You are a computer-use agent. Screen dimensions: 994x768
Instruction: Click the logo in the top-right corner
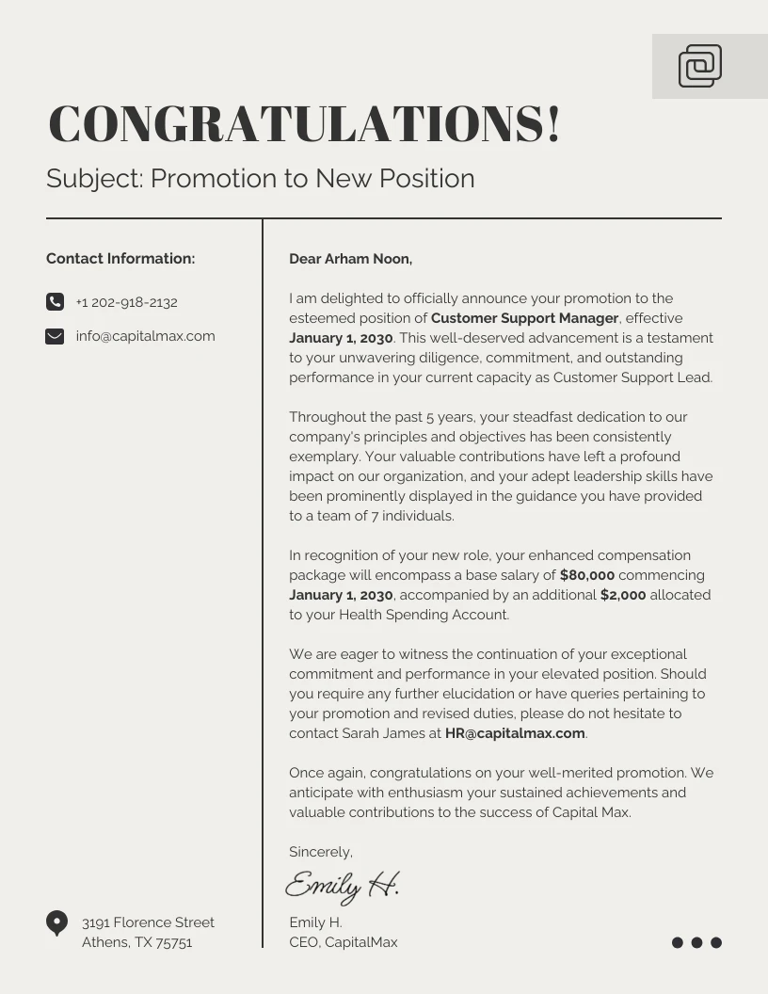699,66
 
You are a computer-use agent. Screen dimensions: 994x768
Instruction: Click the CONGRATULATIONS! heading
304,124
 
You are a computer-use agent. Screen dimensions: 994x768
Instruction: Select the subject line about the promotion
260,179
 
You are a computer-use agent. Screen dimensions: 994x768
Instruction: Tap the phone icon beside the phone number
55,302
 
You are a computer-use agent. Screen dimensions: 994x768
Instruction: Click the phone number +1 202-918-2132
126,302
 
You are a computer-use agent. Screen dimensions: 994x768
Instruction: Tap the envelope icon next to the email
55,336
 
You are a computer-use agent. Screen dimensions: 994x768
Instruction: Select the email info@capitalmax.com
145,336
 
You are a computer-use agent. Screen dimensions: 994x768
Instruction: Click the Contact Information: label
120,259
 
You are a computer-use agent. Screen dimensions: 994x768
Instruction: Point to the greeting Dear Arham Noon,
350,259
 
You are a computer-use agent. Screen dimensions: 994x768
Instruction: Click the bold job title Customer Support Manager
524,318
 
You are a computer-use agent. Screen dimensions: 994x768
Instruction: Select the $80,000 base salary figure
586,575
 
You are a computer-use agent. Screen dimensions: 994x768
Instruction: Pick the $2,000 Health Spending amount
622,595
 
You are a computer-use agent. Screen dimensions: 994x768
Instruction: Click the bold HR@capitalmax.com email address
515,733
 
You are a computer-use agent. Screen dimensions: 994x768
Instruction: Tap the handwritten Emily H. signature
342,885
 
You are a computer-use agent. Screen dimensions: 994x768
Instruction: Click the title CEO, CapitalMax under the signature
343,942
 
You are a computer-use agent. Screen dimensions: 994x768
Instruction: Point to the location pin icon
56,922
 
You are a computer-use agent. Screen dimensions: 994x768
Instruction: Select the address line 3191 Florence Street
148,922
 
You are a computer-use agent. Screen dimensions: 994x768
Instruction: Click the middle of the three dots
696,942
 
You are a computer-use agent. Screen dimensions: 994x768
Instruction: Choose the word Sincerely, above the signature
320,852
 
